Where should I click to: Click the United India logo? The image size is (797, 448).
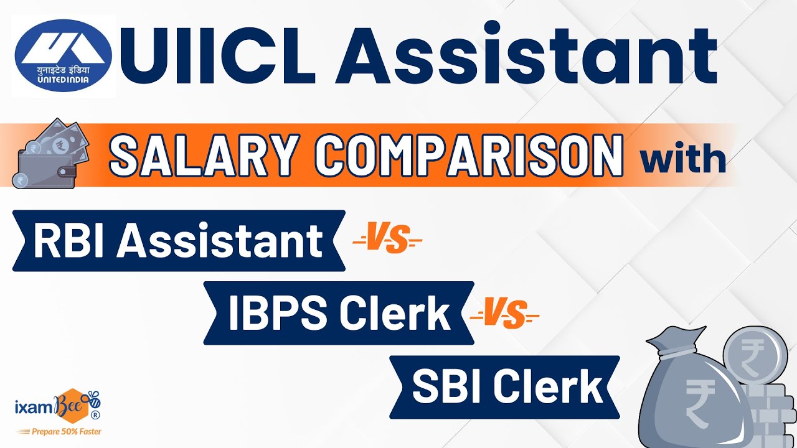65,56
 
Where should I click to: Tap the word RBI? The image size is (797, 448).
70,241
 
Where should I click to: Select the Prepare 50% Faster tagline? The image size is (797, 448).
59,431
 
